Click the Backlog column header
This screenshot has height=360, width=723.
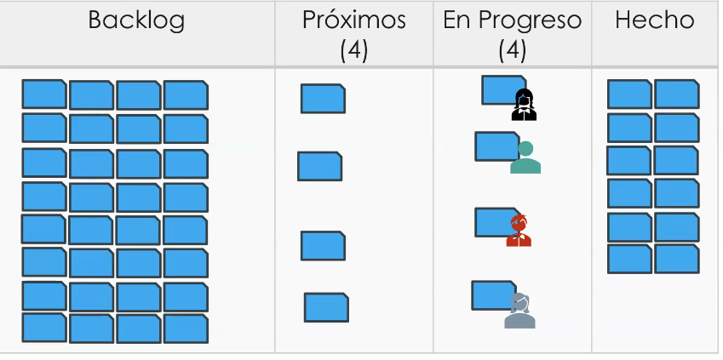tap(136, 20)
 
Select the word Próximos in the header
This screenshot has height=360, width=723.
tap(353, 20)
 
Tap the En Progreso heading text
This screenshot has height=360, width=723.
tap(512, 20)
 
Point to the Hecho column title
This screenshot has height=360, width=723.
tap(654, 20)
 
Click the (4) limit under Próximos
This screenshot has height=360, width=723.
tap(353, 50)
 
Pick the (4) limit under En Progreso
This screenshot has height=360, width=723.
tap(512, 50)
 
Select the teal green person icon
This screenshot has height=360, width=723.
tap(525, 158)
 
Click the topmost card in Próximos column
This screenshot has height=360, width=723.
tap(323, 99)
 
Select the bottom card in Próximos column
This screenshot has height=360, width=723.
tap(326, 307)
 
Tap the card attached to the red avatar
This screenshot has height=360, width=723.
tap(493, 221)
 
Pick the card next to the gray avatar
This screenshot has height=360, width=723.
tap(491, 295)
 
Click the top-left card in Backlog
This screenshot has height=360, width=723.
tap(43, 94)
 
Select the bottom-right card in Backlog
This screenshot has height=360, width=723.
tap(186, 328)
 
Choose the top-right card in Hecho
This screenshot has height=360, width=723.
tap(676, 94)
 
